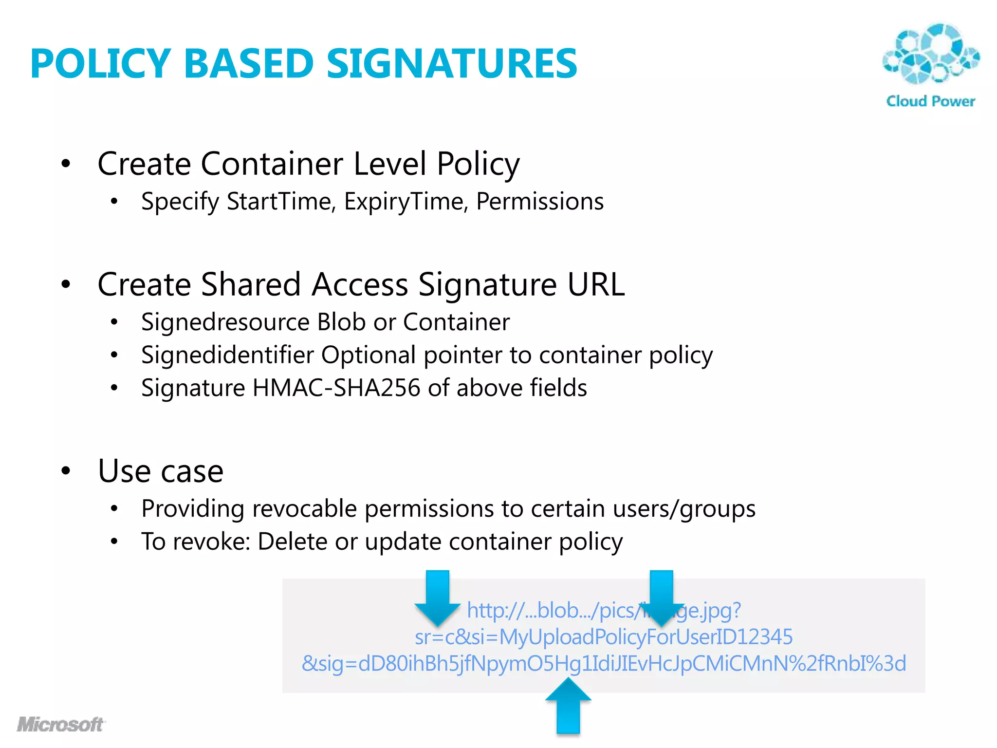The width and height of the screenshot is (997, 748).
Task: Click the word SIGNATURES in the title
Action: point(451,64)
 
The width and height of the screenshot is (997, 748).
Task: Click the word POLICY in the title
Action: point(100,64)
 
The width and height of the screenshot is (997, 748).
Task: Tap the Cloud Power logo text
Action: point(930,101)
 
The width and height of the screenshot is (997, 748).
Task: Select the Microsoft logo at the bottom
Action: point(61,724)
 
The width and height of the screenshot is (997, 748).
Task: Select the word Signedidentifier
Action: point(227,355)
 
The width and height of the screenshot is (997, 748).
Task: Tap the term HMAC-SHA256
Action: point(336,388)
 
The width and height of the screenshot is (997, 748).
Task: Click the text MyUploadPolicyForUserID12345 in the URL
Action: point(646,637)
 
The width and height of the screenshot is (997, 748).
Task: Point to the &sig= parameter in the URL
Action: point(329,664)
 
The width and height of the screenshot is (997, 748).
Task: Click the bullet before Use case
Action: point(66,471)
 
